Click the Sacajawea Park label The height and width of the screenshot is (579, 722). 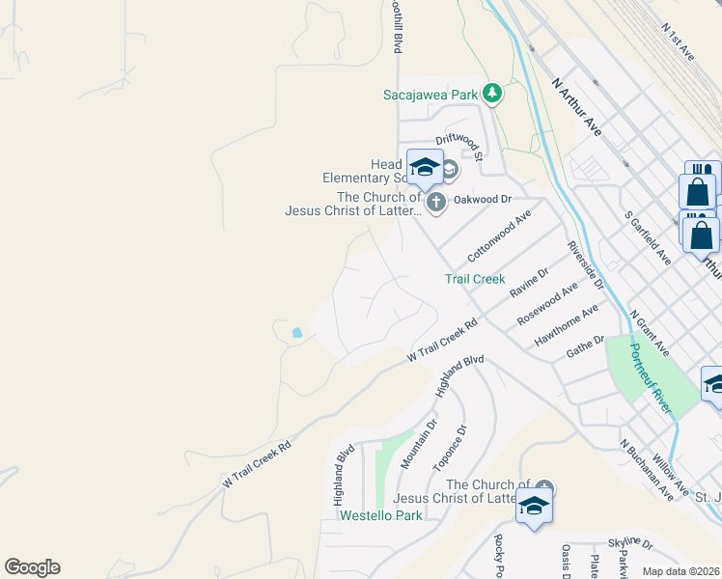[x=430, y=95]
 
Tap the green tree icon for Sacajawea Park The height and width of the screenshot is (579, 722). [x=492, y=93]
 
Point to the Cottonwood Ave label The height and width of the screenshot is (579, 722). [x=499, y=238]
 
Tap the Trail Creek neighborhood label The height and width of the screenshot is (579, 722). [x=475, y=279]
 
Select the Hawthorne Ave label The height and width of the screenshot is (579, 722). [x=567, y=326]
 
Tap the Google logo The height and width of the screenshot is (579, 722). [x=32, y=567]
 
